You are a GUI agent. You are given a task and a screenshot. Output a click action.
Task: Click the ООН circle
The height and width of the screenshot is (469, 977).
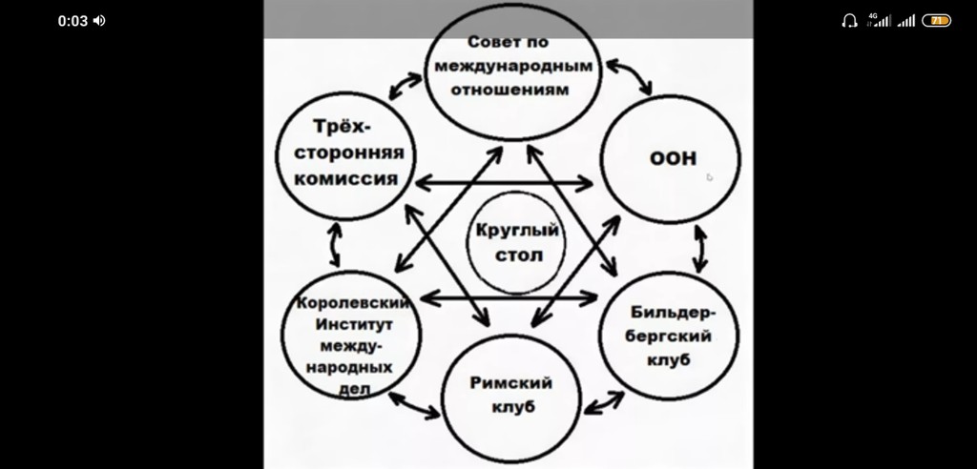pos(674,160)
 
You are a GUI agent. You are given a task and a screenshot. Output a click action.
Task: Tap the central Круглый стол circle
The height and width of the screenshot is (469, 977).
pos(515,242)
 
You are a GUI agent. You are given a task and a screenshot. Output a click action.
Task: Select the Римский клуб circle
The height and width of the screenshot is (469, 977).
pos(511,395)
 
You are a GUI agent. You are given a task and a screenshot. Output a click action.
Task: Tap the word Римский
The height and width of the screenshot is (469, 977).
pos(511,383)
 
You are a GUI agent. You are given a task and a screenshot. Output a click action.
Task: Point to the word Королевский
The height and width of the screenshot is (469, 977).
pos(353,304)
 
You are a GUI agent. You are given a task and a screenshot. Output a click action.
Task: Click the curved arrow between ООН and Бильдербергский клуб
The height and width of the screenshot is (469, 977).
pos(702,250)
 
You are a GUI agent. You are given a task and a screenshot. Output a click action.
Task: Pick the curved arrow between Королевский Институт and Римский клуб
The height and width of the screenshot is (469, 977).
pos(419,406)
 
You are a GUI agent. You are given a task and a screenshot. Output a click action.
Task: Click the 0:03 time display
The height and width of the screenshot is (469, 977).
pos(73,21)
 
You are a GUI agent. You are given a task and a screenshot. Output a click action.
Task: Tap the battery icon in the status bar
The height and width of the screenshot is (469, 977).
pos(936,21)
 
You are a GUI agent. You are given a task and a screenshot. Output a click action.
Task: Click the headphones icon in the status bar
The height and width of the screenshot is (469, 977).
pos(849,21)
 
